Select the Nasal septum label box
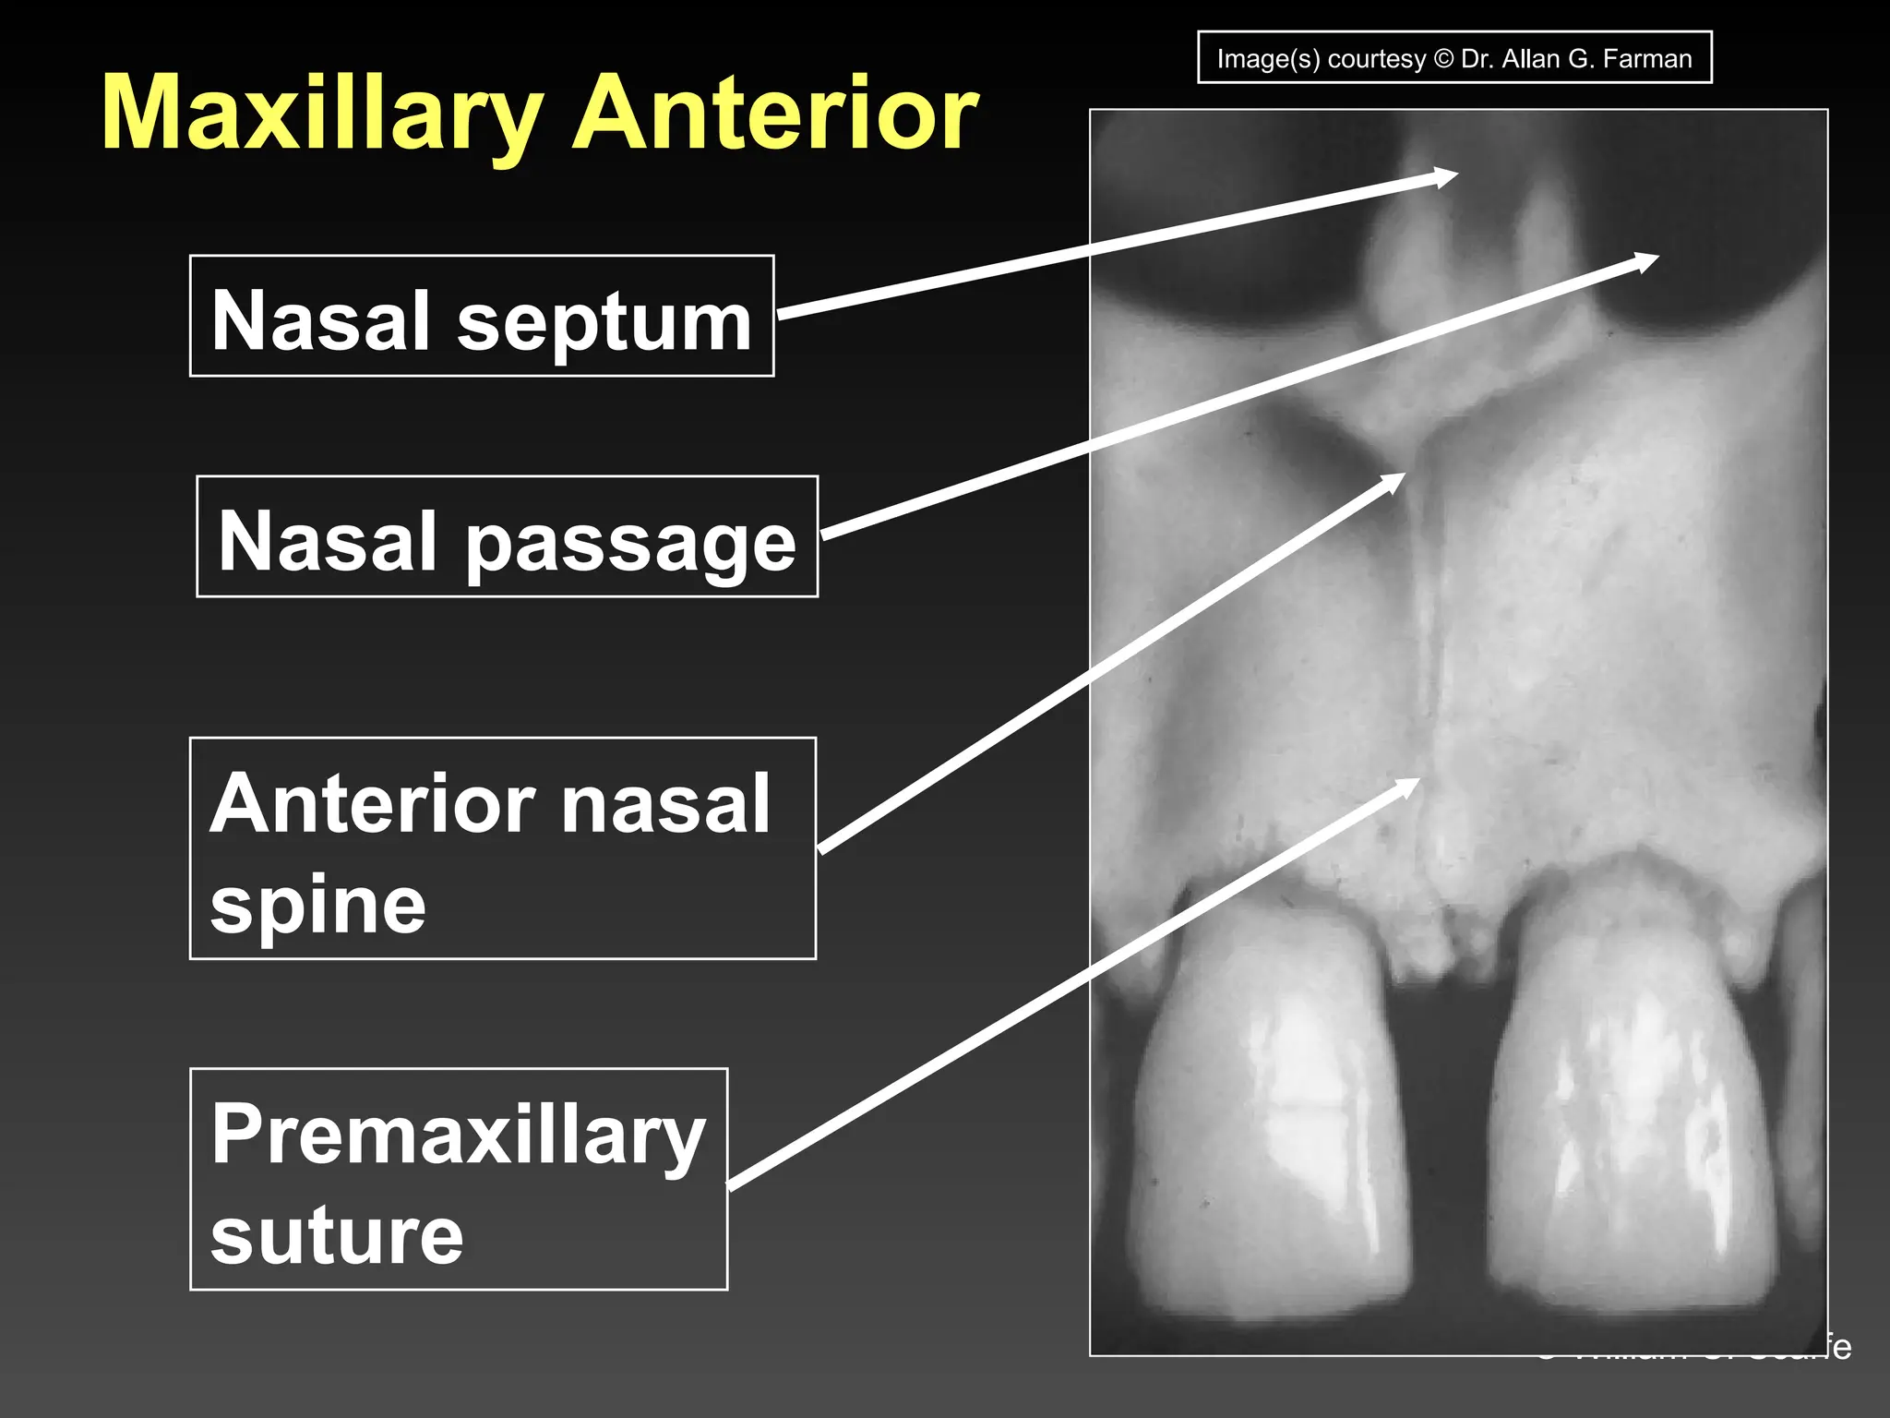pos(482,316)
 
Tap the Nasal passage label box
pos(508,536)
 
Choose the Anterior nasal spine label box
pos(503,848)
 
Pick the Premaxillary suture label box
pos(459,1179)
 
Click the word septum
pos(604,321)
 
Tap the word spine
pos(318,905)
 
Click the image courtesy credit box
pos(1454,58)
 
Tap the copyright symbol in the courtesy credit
pos(1444,59)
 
